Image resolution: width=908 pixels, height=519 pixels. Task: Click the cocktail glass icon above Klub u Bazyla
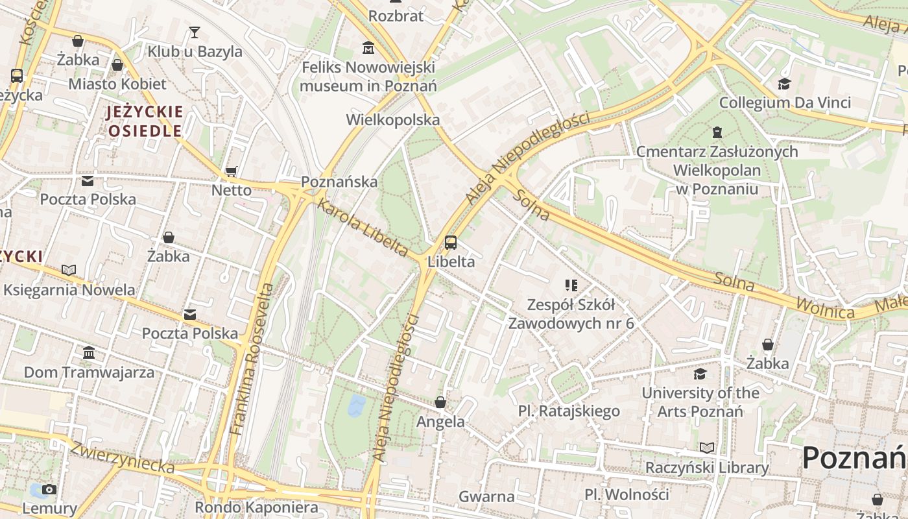click(195, 32)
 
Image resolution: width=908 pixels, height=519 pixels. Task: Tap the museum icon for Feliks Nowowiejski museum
click(368, 47)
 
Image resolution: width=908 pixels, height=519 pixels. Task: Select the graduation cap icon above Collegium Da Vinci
click(785, 84)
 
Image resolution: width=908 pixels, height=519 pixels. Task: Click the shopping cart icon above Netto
click(232, 171)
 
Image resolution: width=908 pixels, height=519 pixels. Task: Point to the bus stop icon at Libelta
click(451, 243)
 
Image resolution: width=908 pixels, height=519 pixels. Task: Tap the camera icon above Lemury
click(49, 489)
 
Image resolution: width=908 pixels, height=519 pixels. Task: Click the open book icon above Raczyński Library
click(707, 448)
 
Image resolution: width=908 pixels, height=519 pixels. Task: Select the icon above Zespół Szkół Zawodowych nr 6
click(571, 285)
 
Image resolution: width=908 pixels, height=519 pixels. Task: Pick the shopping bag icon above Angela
click(440, 402)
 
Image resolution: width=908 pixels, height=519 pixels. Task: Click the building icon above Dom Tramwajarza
click(89, 353)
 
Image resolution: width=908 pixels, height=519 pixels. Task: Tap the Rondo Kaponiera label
click(257, 507)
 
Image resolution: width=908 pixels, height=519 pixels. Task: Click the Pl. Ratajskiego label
click(569, 411)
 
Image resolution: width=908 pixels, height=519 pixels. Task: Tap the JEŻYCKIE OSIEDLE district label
click(145, 121)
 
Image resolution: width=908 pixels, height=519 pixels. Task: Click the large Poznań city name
click(854, 458)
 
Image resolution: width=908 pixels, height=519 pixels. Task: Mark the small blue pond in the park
click(357, 405)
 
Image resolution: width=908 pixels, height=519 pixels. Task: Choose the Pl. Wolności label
click(626, 494)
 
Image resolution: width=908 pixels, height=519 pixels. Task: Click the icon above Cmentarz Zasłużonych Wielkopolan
click(717, 132)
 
